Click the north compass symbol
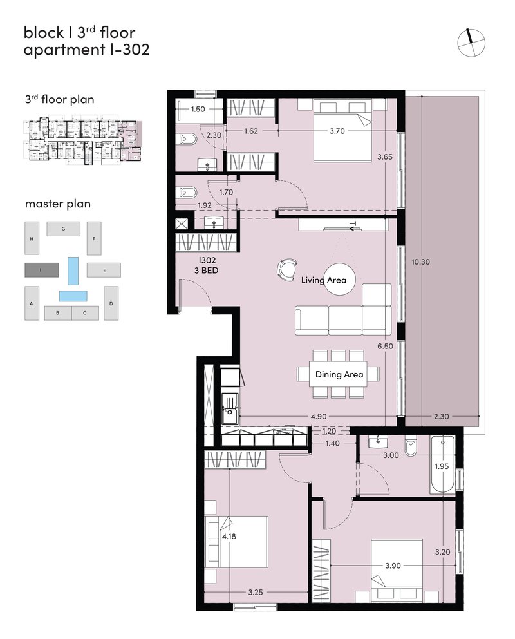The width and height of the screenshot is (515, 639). coord(471,42)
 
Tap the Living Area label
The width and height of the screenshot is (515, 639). coord(324,280)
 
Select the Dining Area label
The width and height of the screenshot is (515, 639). coord(339,374)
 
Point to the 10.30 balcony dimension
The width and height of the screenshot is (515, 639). coord(420,262)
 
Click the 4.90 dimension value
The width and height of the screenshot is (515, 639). coord(319,417)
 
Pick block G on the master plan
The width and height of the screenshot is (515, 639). coord(63,229)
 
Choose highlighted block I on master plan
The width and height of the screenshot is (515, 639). coord(42,270)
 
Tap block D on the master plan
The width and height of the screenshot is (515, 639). coord(111,303)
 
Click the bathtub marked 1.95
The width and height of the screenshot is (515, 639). coord(442,464)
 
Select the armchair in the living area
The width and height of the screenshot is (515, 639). coord(286,269)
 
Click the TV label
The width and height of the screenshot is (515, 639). coord(353,225)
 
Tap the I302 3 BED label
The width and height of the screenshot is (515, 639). coord(207,265)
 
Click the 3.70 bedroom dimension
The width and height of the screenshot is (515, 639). coord(337,131)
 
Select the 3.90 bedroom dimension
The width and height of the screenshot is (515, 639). coord(393,566)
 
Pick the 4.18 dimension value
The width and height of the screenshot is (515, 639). coord(229,537)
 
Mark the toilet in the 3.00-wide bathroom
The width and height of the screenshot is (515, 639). coord(410,446)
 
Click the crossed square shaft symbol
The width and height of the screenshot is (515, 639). coord(182,224)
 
